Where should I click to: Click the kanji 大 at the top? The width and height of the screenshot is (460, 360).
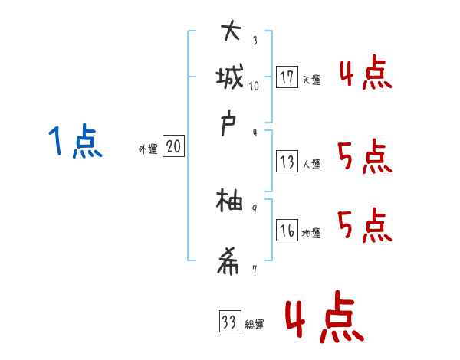pyautogui.click(x=231, y=32)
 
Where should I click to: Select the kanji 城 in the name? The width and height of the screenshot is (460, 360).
pyautogui.click(x=231, y=77)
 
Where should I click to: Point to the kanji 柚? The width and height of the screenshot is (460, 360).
pyautogui.click(x=230, y=202)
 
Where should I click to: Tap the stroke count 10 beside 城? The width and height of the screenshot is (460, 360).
pyautogui.click(x=255, y=86)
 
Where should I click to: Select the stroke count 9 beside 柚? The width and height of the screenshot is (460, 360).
pyautogui.click(x=255, y=208)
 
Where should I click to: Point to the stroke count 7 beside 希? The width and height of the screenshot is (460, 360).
pyautogui.click(x=255, y=269)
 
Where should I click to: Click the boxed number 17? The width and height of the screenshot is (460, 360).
pyautogui.click(x=287, y=77)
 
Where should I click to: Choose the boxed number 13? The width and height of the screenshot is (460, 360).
pyautogui.click(x=287, y=162)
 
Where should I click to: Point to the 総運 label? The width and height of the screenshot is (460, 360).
pyautogui.click(x=255, y=325)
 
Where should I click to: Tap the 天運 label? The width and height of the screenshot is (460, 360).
pyautogui.click(x=311, y=80)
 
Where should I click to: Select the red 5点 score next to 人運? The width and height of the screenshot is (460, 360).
pyautogui.click(x=365, y=157)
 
